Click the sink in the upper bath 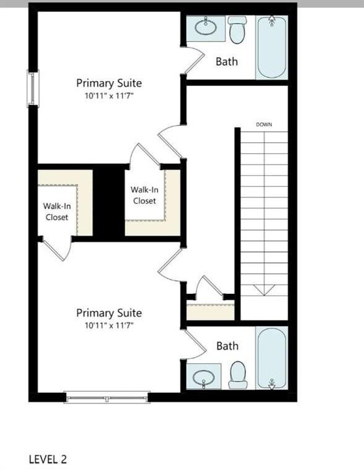click(x=206, y=28)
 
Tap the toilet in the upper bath click(x=237, y=30)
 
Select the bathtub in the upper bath click(x=272, y=48)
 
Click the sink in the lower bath click(x=204, y=377)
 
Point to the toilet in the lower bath click(x=238, y=375)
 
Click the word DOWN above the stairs click(x=264, y=125)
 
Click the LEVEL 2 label click(x=48, y=459)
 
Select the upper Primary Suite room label click(x=109, y=83)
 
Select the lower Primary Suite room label click(x=109, y=313)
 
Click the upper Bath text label click(x=226, y=62)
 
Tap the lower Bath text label click(x=227, y=346)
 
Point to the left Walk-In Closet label click(x=56, y=212)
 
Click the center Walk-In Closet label click(x=143, y=196)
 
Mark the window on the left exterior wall click(x=33, y=88)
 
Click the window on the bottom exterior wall click(x=108, y=397)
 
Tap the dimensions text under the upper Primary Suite click(x=109, y=95)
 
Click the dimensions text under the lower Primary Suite click(x=109, y=325)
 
